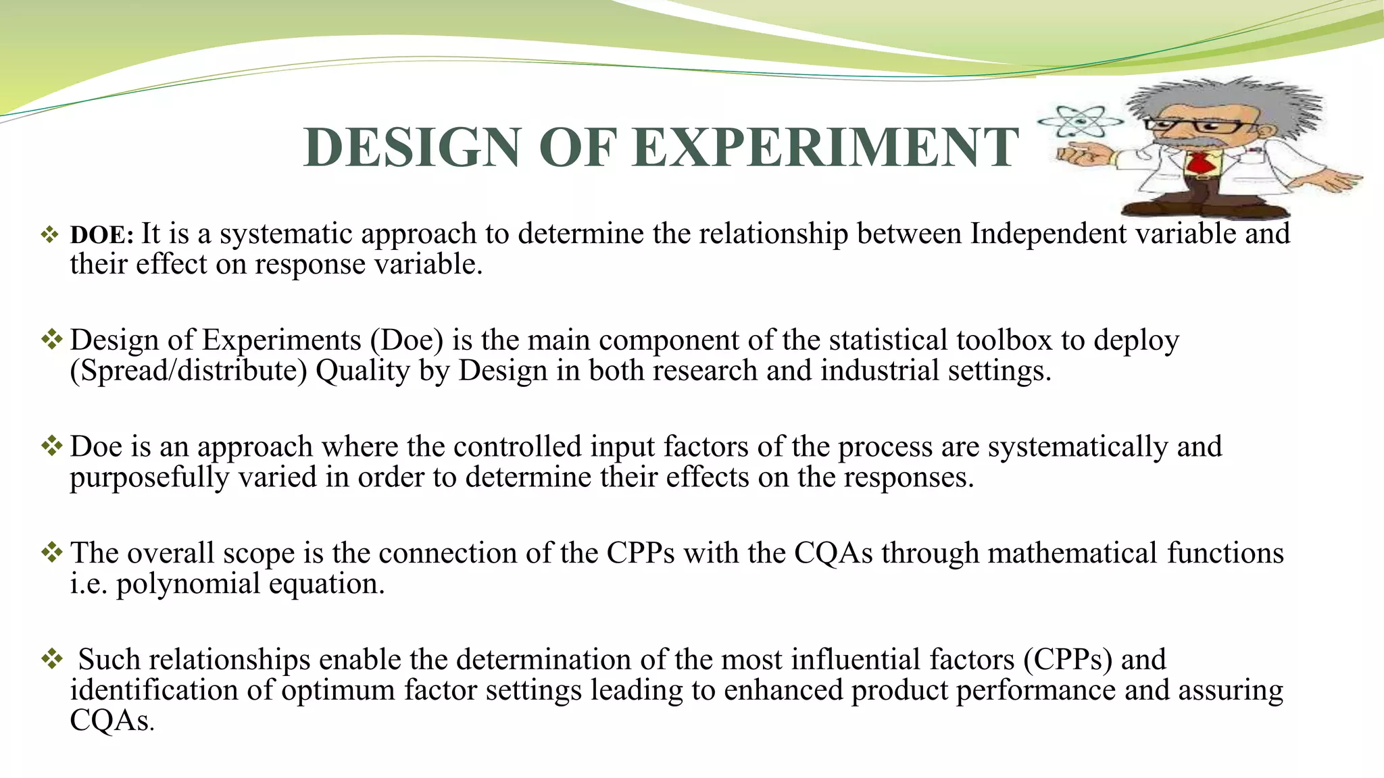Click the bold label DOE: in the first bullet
[x=102, y=235]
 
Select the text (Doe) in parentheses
[x=406, y=340]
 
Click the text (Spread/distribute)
[x=189, y=371]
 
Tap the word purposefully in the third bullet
[x=149, y=477]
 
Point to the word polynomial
[x=188, y=584]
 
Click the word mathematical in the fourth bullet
[x=1072, y=553]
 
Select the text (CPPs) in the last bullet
[x=1067, y=660]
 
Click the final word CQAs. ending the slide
[x=112, y=721]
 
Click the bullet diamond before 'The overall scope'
[x=51, y=552]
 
